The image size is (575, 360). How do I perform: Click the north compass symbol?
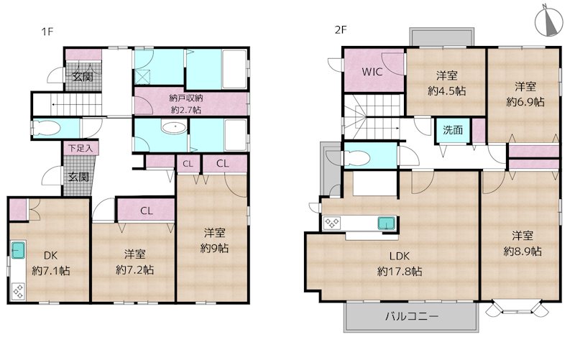point(548,22)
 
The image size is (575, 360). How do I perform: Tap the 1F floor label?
point(47,32)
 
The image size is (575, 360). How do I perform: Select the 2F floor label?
point(341,29)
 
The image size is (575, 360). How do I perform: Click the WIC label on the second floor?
point(372,71)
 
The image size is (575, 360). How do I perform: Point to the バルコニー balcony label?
point(411,316)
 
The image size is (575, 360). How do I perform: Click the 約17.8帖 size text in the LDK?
point(400,272)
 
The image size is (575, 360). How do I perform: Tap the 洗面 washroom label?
point(453,130)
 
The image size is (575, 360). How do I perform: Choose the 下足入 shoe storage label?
point(80,148)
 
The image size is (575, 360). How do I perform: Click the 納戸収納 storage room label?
point(186,98)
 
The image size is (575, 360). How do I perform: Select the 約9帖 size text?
point(214,248)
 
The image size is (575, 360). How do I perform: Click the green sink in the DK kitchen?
point(18,250)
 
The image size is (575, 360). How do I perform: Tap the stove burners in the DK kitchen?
point(18,291)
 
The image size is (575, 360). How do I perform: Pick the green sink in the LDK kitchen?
point(387,223)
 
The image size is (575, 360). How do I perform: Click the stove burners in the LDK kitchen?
point(331,223)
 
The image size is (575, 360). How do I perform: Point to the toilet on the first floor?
point(47,129)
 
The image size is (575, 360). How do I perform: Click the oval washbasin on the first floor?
point(174,128)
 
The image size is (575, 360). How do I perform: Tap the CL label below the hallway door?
point(147,211)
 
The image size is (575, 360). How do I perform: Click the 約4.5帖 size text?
point(446,91)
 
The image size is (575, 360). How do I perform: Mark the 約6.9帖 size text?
point(525,101)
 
